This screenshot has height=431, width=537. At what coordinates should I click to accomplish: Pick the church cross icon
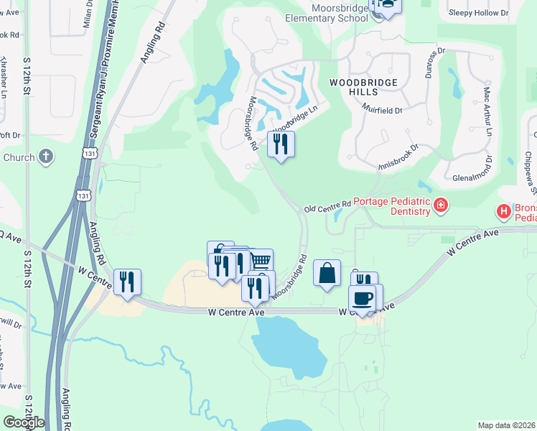[x=46, y=157]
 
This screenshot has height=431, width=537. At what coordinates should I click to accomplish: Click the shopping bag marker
[x=327, y=273]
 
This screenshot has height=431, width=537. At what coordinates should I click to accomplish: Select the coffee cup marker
[x=362, y=297]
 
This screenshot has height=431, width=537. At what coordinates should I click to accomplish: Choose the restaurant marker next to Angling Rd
[x=127, y=282]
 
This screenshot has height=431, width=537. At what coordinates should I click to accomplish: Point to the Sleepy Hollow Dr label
[x=477, y=13]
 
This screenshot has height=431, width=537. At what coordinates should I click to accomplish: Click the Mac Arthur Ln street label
[x=487, y=111]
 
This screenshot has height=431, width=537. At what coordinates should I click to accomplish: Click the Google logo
[x=24, y=422]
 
